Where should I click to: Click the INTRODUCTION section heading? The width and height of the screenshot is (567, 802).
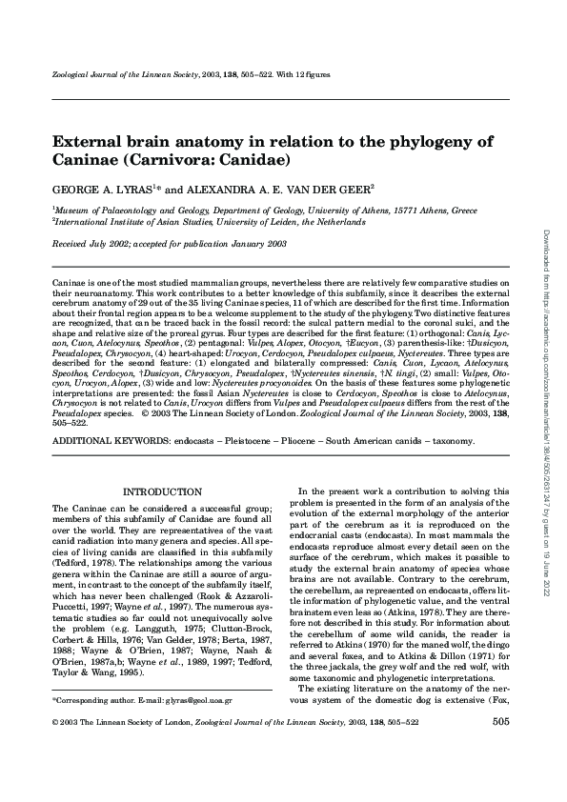(164, 491)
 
